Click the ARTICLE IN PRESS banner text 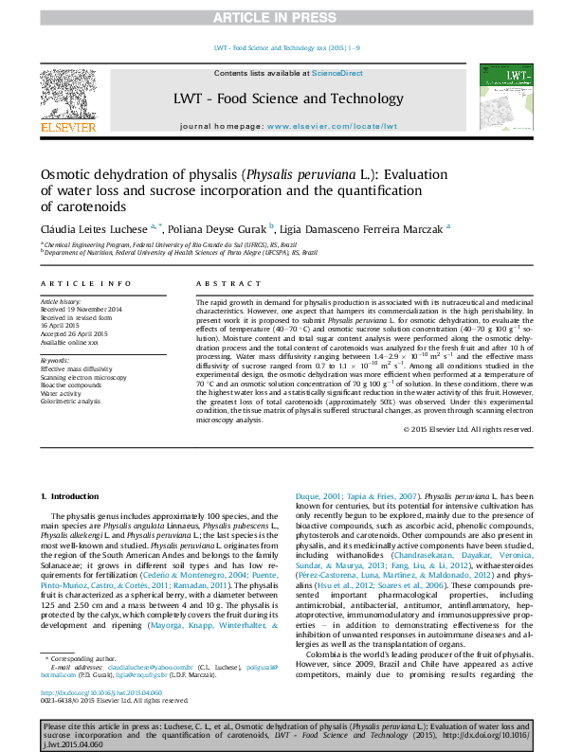pos(282,17)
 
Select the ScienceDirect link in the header pos(337,73)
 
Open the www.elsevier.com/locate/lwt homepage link pos(332,125)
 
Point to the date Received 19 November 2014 pos(82,310)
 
